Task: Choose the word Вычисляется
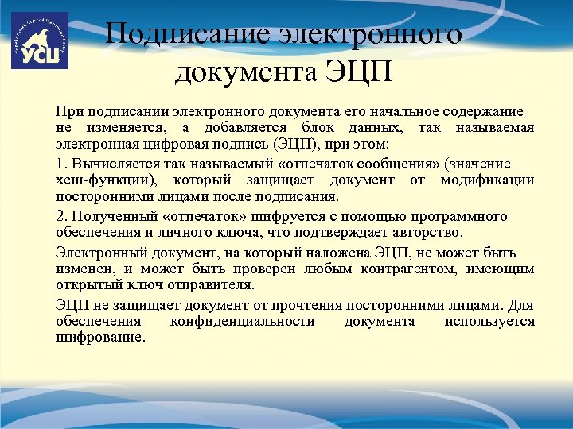point(109,163)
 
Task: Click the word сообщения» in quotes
point(373,163)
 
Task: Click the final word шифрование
point(100,337)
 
